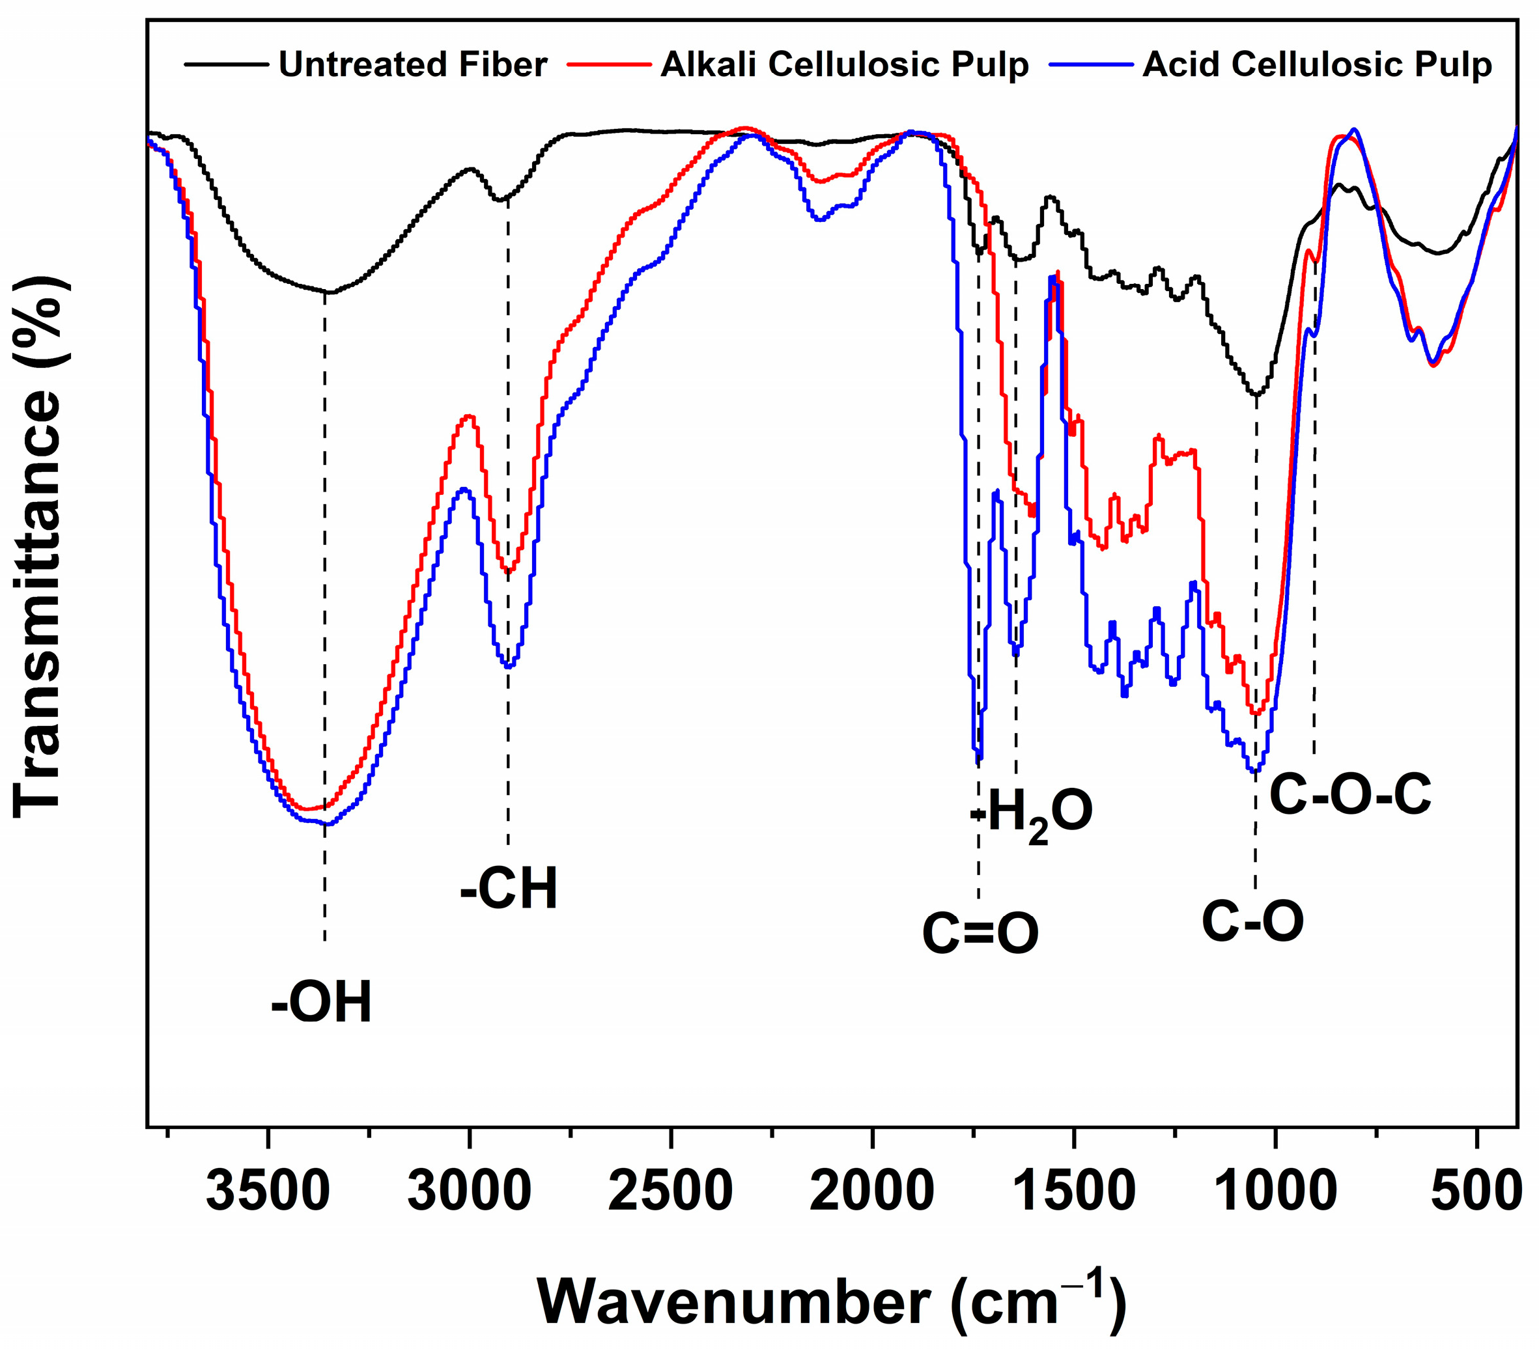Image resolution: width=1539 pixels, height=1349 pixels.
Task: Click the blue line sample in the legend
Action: (1095, 64)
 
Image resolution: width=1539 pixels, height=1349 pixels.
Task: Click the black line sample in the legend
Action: (226, 64)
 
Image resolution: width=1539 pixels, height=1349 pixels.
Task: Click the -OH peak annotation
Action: (322, 1003)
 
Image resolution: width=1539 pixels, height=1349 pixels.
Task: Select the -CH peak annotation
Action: (509, 890)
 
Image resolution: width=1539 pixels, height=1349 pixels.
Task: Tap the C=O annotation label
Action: (980, 934)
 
